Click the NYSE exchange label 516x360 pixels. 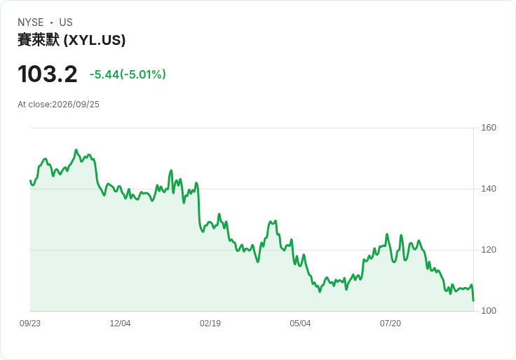coord(31,22)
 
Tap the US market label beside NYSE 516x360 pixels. coord(66,22)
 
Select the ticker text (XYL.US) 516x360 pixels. coord(95,40)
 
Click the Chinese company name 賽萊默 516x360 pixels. coord(39,40)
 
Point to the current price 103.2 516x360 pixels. coord(48,74)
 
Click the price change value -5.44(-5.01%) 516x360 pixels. coord(128,74)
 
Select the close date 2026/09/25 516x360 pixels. coord(76,105)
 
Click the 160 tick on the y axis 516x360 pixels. coord(489,128)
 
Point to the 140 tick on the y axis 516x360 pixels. coord(489,189)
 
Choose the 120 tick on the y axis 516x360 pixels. coord(489,250)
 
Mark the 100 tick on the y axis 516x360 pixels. coord(489,311)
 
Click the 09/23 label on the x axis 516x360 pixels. coord(30,324)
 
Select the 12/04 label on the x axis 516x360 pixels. coord(120,324)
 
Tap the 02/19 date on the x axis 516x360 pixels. coord(210,324)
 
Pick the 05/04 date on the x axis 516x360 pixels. coord(300,324)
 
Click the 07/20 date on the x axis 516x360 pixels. coord(391,324)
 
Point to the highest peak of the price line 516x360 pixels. coord(76,150)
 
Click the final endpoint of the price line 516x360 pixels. coord(473,300)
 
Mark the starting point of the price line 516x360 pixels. coord(30,180)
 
